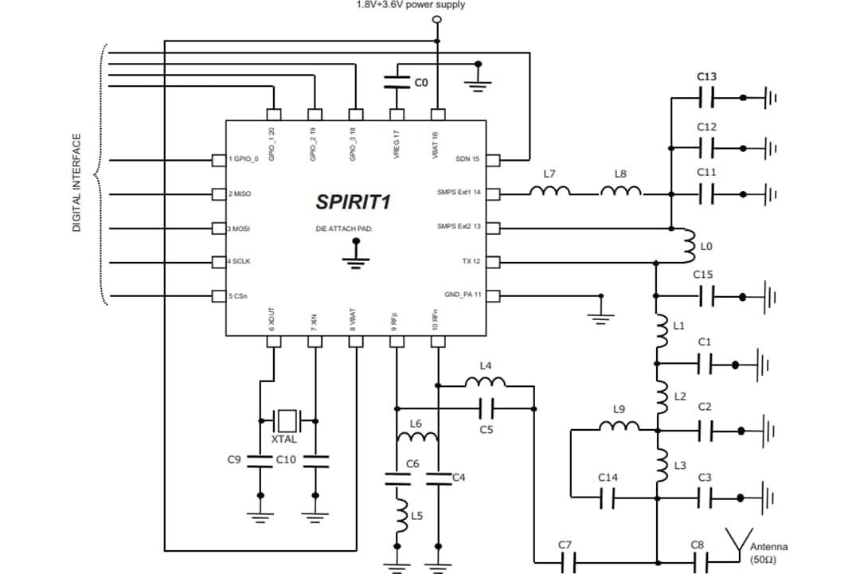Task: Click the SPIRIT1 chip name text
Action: tap(353, 201)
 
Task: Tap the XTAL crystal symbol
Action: tap(287, 419)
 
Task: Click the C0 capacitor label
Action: tap(421, 81)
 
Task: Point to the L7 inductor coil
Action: tap(549, 191)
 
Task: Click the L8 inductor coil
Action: tap(620, 191)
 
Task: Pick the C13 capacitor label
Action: tap(706, 77)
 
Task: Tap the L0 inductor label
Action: tap(706, 248)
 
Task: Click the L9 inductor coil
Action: tap(619, 428)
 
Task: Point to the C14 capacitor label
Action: tap(608, 477)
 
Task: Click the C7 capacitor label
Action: tap(565, 545)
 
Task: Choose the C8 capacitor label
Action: tap(697, 545)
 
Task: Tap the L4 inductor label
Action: tap(486, 366)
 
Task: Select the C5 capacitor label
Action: tap(487, 430)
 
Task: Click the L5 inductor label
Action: tap(417, 516)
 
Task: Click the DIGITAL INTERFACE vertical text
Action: tap(77, 182)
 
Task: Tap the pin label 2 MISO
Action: tap(240, 194)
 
